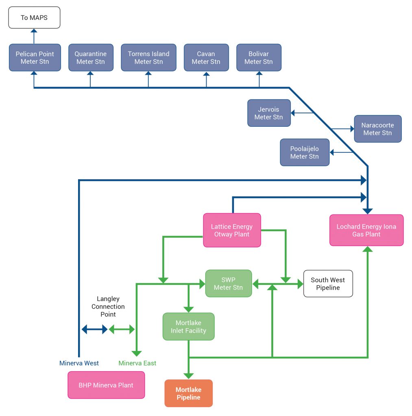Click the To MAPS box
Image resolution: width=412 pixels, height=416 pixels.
click(x=34, y=17)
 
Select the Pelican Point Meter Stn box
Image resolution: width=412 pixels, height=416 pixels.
click(x=35, y=58)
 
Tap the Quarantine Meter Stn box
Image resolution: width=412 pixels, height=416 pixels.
click(x=91, y=58)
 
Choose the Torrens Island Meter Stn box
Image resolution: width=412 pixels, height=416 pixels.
click(x=148, y=58)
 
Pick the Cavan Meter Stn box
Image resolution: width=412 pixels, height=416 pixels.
click(x=206, y=58)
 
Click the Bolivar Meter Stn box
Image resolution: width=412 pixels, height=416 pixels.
click(x=259, y=58)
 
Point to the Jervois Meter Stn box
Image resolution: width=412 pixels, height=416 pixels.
click(x=269, y=113)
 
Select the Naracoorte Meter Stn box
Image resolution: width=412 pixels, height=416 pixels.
click(x=377, y=129)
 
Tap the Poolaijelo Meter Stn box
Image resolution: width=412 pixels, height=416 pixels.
click(x=305, y=152)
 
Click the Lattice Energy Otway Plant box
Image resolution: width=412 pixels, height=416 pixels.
click(x=232, y=230)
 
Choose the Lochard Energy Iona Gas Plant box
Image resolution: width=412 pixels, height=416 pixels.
click(x=366, y=230)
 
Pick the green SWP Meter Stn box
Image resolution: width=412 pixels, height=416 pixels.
click(x=228, y=284)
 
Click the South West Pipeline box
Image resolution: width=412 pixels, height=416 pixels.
click(x=328, y=284)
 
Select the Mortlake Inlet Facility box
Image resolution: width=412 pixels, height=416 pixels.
click(x=188, y=327)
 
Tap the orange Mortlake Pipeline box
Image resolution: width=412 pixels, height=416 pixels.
click(x=188, y=393)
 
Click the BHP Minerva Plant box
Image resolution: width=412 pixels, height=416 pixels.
click(x=106, y=385)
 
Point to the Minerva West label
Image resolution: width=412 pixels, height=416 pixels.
click(x=79, y=363)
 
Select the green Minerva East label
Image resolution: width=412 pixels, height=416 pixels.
click(x=137, y=363)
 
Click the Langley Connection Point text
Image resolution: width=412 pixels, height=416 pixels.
click(x=108, y=307)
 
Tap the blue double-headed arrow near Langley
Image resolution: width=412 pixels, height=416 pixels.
click(x=94, y=329)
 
